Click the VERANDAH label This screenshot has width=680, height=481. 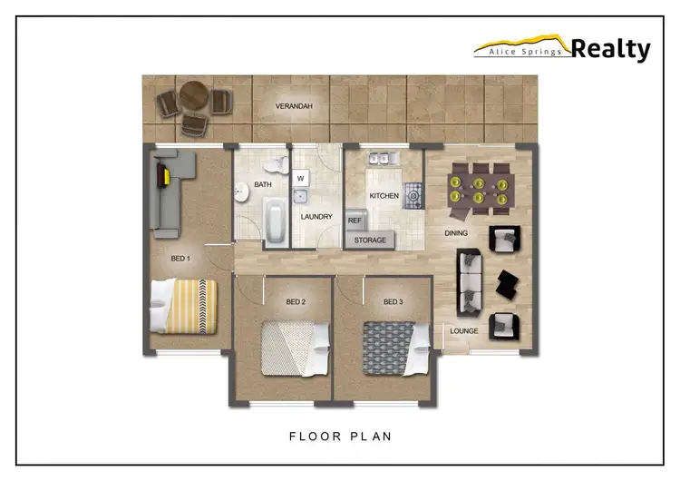tap(295, 107)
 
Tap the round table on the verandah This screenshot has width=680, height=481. tap(193, 95)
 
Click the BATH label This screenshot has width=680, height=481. tap(263, 184)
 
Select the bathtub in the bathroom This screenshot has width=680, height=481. tap(273, 221)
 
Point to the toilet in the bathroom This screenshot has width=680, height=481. tap(277, 166)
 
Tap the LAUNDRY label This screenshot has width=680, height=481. tap(316, 217)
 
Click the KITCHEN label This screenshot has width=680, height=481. tap(384, 196)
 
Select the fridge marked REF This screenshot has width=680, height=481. tap(355, 221)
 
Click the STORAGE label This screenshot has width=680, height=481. tap(370, 240)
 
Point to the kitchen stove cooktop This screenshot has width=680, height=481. tap(413, 191)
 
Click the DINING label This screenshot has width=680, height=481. tap(456, 233)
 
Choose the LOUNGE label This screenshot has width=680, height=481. tap(464, 331)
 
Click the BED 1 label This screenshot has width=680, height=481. tap(181, 259)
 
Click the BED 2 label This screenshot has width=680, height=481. tap(296, 301)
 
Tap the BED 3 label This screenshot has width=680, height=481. tap(393, 301)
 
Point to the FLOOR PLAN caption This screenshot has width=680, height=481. tap(340, 437)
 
